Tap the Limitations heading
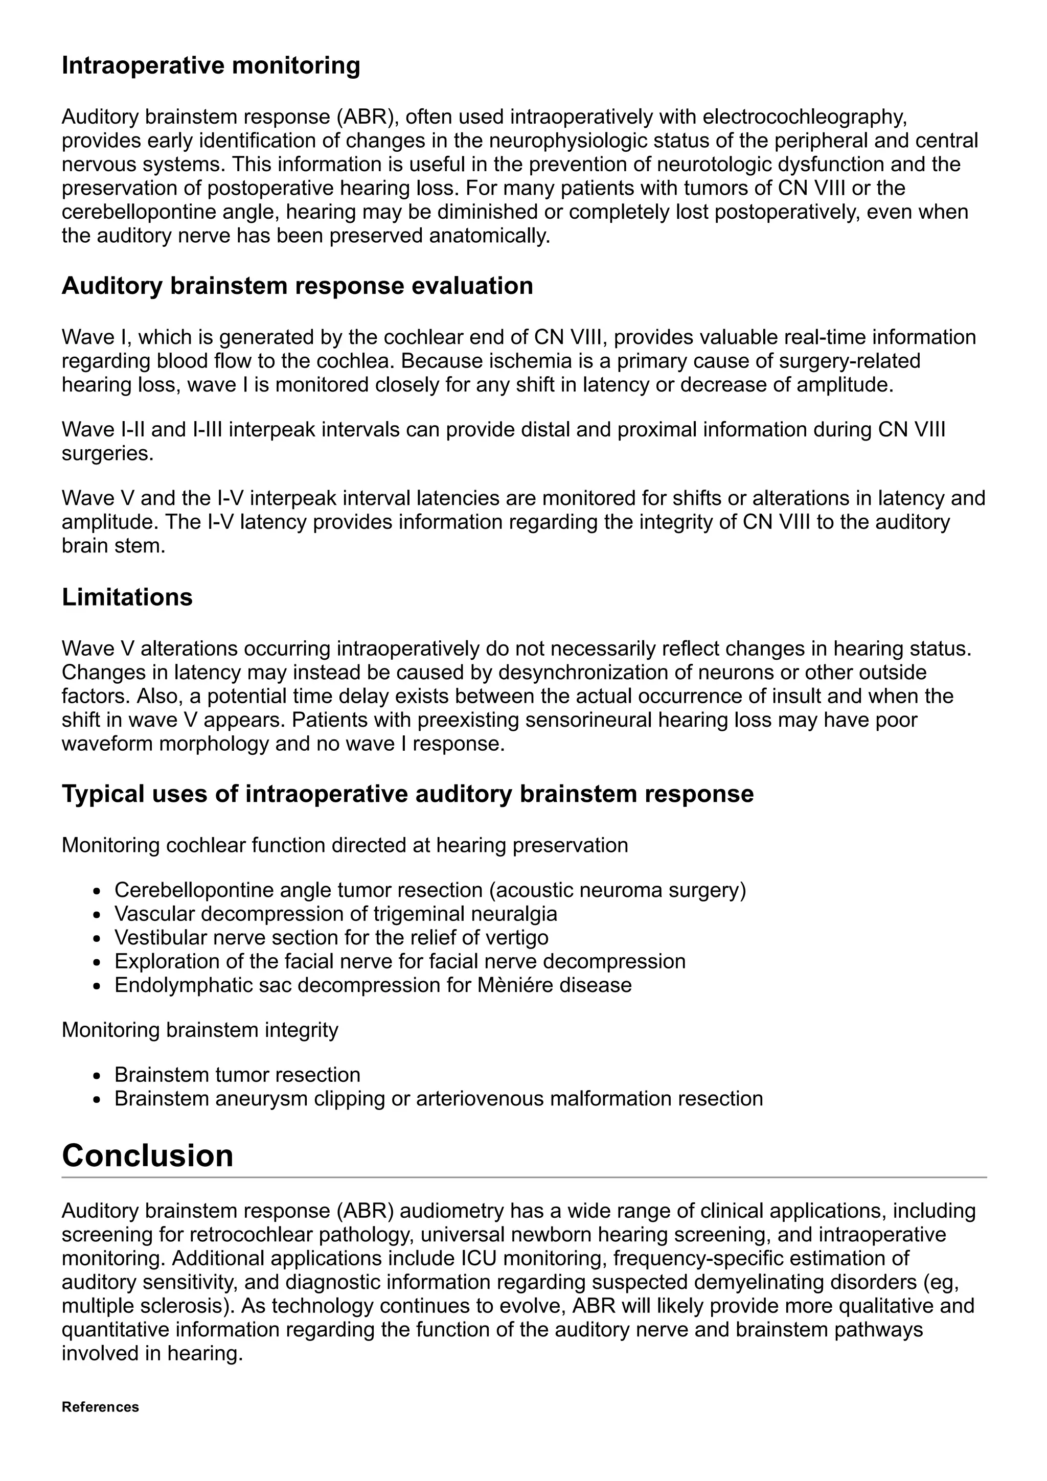127,597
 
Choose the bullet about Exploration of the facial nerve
399,962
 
